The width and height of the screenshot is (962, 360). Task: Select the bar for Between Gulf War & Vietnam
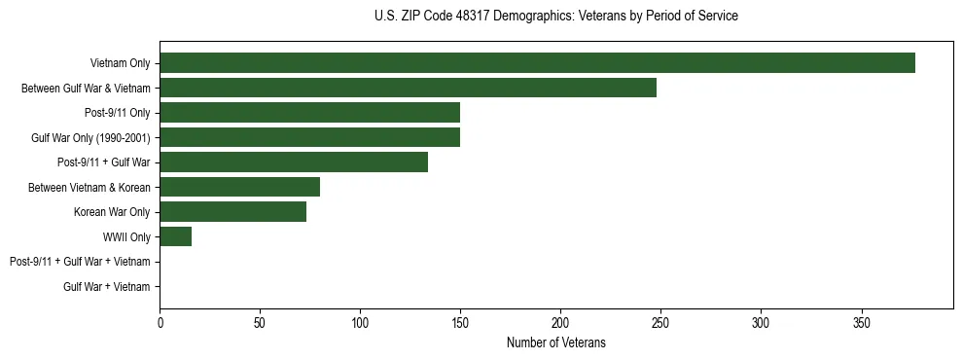click(408, 89)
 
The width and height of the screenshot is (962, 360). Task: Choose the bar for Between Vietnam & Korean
click(239, 187)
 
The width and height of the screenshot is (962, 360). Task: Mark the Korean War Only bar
click(232, 212)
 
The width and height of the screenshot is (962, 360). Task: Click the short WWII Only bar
click(175, 236)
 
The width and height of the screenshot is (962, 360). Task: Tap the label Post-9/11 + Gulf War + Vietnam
click(80, 262)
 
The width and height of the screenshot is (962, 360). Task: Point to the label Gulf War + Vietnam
click(107, 287)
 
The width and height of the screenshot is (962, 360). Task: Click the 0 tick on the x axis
click(160, 323)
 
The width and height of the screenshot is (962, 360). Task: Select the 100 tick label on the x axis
click(360, 323)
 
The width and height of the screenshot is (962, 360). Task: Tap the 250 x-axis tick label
click(660, 323)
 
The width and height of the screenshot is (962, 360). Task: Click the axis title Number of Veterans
click(555, 342)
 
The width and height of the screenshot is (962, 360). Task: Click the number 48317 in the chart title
click(471, 17)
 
